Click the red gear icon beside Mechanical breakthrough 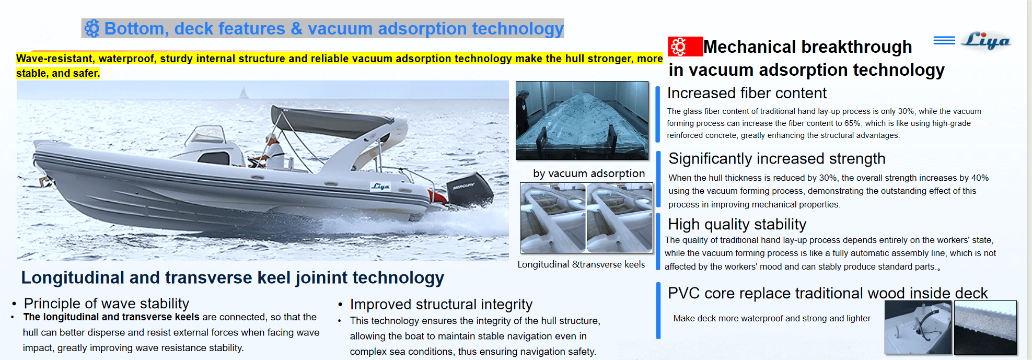(x=679, y=47)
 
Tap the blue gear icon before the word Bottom (x=92, y=28)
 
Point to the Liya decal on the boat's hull (x=380, y=187)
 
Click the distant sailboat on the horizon (x=243, y=94)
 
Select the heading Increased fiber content (x=747, y=93)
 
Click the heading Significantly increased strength (x=776, y=158)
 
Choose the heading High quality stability (x=737, y=224)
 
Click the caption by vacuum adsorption (x=588, y=173)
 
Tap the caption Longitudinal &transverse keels (x=581, y=264)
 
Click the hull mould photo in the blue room (x=582, y=120)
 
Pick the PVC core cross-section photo (x=985, y=328)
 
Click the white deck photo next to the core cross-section (x=918, y=328)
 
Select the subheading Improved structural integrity (x=441, y=304)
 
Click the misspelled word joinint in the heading (x=321, y=277)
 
